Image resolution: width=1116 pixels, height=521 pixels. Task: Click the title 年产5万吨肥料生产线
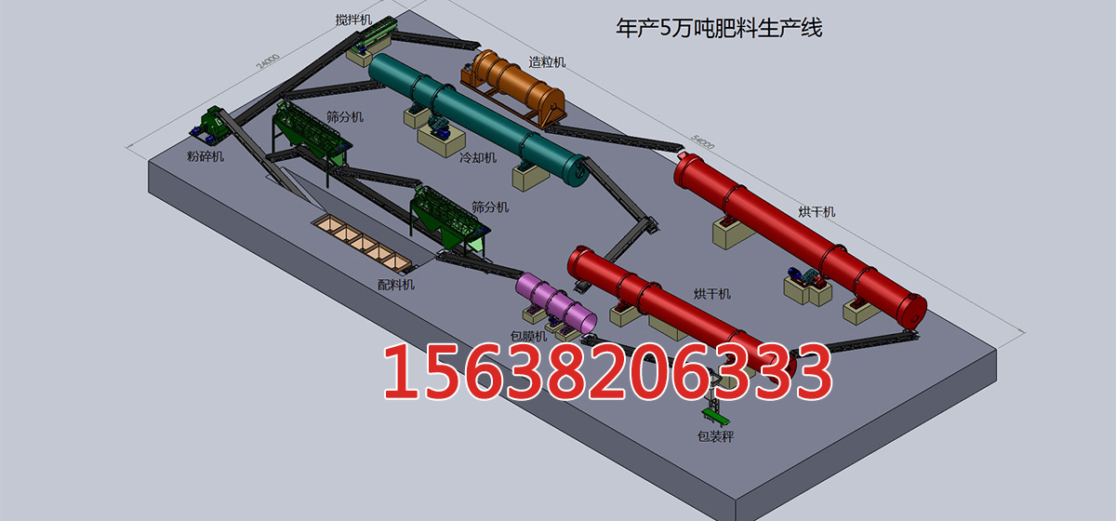tap(719, 28)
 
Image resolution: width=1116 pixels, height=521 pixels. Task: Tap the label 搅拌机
tap(353, 20)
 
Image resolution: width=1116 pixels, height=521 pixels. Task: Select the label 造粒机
tap(547, 62)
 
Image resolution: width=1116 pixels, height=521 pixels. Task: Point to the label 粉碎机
tap(206, 156)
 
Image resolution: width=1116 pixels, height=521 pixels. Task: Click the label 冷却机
tap(478, 158)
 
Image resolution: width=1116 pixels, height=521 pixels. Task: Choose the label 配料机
tap(396, 285)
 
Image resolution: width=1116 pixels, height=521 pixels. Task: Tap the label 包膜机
tap(528, 336)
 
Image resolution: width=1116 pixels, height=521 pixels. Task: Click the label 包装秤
tap(715, 436)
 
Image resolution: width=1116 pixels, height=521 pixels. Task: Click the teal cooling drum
tap(477, 119)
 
